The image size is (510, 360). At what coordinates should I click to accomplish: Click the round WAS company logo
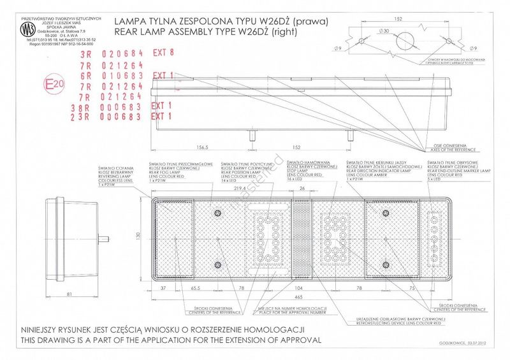(27, 30)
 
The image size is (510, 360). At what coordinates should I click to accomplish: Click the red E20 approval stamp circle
(53, 83)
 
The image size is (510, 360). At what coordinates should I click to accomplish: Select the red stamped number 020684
(120, 55)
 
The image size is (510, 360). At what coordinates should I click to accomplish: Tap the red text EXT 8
(163, 54)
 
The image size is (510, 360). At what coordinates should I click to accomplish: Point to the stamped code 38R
(80, 106)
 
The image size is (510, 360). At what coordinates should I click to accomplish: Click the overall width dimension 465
(299, 297)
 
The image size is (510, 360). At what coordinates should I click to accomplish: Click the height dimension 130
(138, 236)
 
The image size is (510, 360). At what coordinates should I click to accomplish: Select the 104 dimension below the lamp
(300, 288)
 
